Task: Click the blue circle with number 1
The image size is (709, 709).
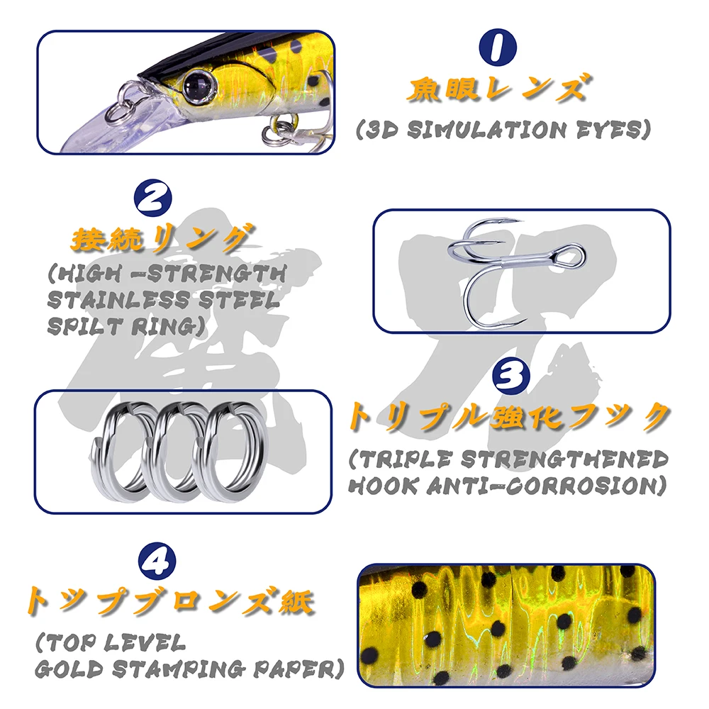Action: point(498,47)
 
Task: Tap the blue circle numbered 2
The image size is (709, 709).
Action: point(152,199)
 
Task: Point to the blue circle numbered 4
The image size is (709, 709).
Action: point(157,562)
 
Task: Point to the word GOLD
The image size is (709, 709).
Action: point(69,669)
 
